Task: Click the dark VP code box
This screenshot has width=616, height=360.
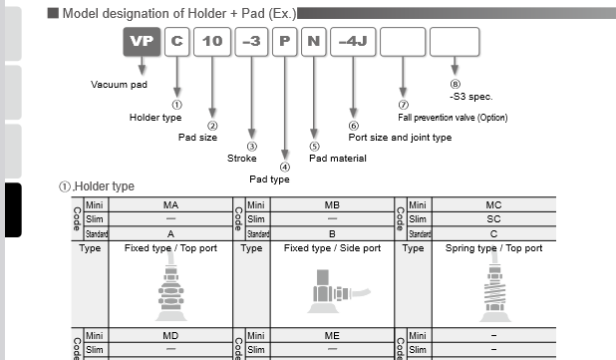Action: pos(141,42)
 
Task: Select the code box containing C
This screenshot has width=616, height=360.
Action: pos(176,42)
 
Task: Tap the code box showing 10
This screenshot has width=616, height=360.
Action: pos(212,42)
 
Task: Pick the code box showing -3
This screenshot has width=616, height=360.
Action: pos(252,42)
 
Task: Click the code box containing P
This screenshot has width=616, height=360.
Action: pos(285,42)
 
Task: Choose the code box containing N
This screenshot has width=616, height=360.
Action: pos(313,42)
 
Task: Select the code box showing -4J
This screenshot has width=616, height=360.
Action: pos(353,42)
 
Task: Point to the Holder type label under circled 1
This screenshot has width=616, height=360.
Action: pos(155,117)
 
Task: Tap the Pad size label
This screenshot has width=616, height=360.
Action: pos(197,137)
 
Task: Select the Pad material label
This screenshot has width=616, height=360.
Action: pos(337,158)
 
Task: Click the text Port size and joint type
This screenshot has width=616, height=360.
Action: pos(400,138)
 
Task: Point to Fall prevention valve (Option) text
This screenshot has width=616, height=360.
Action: pos(453,118)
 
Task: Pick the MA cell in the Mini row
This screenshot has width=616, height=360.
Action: pos(170,204)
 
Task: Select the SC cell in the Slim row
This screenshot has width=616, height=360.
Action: pos(493,218)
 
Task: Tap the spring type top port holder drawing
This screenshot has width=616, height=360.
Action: pos(494,289)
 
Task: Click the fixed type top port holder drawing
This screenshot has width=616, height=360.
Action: pos(170,289)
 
